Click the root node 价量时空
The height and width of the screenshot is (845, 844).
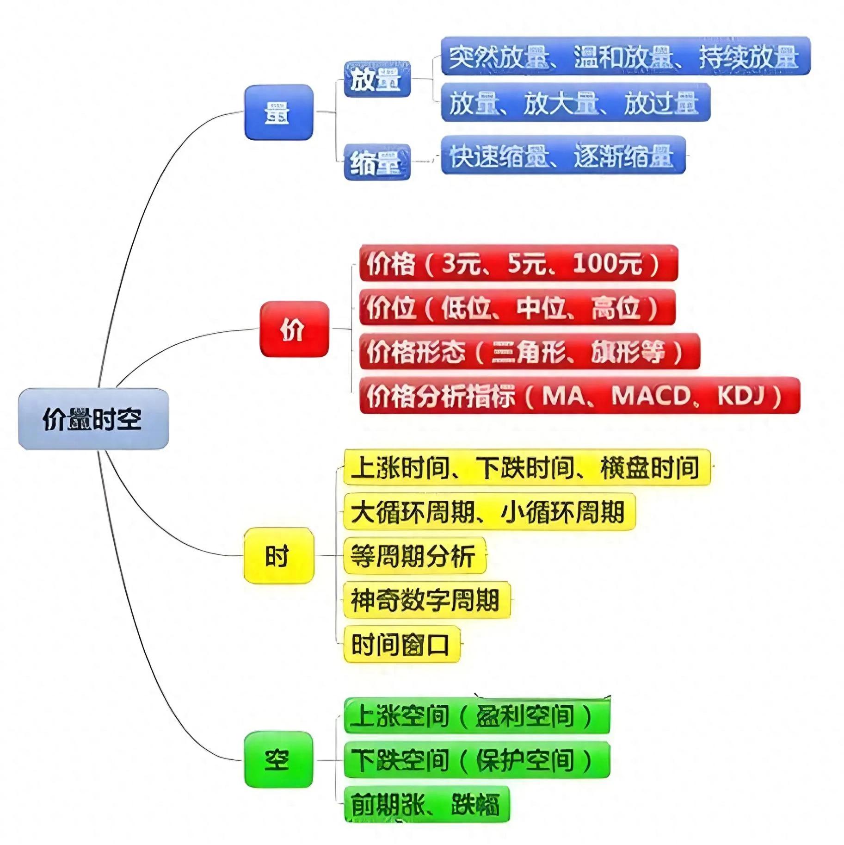[x=93, y=419]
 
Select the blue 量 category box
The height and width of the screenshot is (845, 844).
[x=278, y=112]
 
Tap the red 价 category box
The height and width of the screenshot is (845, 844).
[x=294, y=329]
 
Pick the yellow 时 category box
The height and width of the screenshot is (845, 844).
[x=278, y=555]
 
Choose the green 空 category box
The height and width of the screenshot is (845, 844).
[x=278, y=760]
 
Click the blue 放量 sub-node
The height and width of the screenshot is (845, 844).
[x=377, y=79]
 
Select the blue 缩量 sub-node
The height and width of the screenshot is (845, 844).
[x=377, y=162]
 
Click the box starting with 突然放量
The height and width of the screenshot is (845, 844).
[x=625, y=56]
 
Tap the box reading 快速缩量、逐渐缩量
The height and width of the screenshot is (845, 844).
[x=563, y=155]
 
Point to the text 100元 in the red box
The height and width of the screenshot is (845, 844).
[x=608, y=263]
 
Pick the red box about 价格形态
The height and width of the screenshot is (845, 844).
[x=529, y=351]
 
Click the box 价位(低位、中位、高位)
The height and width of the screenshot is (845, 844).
[x=517, y=307]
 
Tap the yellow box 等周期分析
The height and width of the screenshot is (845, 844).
[x=414, y=555]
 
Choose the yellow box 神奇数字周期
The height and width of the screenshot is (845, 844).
[x=426, y=600]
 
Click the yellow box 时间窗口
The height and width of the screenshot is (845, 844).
[x=401, y=644]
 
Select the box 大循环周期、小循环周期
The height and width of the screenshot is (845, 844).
[x=489, y=512]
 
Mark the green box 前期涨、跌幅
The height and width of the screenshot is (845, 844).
[x=426, y=804]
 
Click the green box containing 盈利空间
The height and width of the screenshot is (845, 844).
[x=477, y=716]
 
